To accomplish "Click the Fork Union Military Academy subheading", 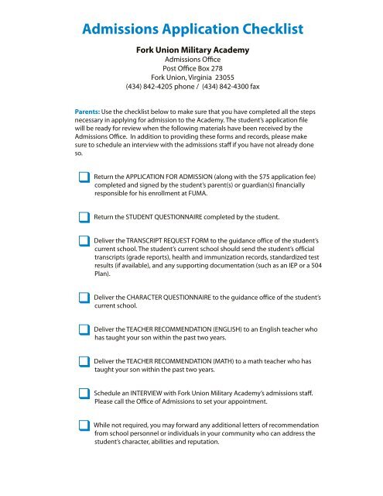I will (191, 51).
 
